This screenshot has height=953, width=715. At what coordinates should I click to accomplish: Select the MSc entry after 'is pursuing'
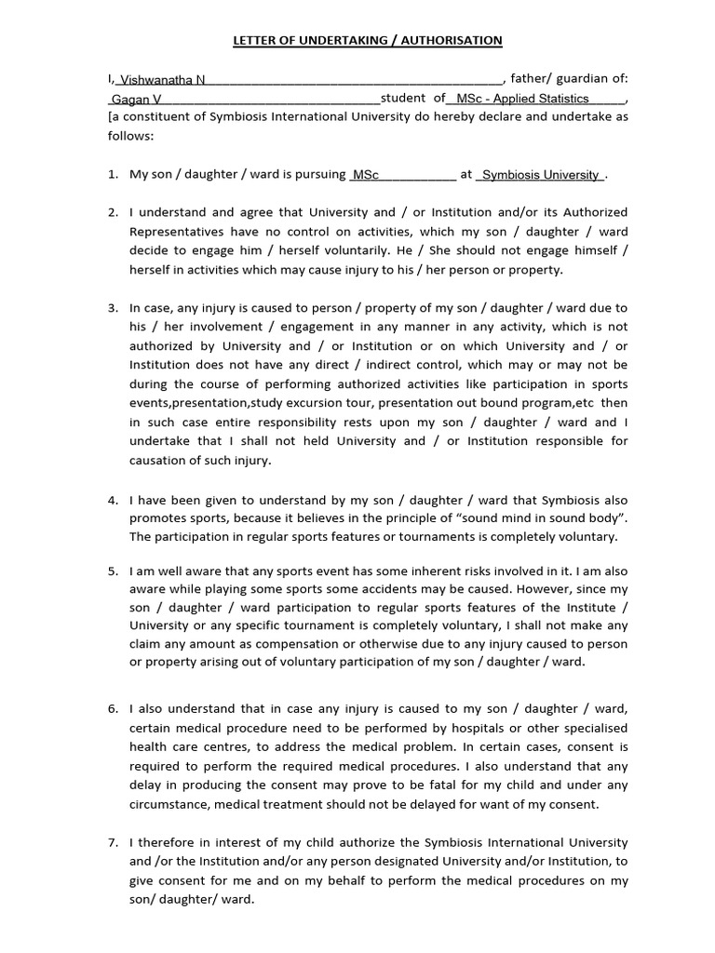point(366,175)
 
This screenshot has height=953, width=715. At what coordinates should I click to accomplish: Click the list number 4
point(112,500)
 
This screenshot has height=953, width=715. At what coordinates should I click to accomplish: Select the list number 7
point(112,842)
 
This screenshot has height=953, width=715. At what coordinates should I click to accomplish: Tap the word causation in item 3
point(160,460)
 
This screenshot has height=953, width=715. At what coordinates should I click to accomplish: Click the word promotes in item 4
point(157,518)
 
